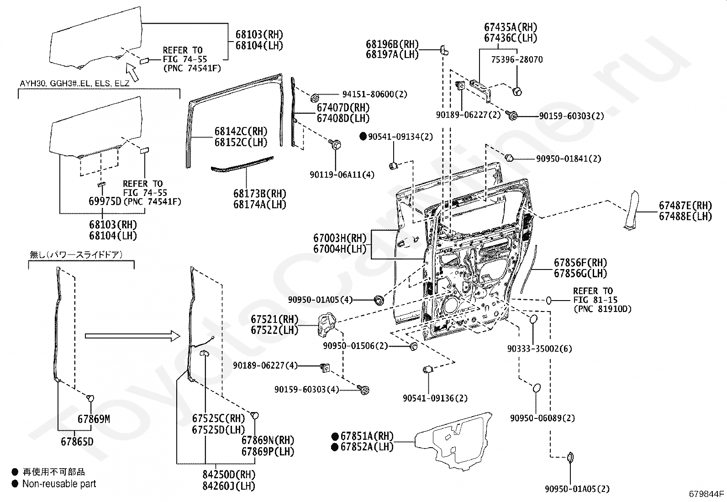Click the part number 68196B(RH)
point(392,44)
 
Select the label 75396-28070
point(517,59)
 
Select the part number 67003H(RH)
point(339,238)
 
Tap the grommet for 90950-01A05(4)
point(379,301)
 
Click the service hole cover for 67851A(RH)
point(457,441)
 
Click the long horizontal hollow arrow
point(134,336)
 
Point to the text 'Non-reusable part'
point(59,484)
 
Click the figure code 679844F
point(706,493)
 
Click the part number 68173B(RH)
point(259,193)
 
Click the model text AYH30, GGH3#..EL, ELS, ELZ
point(74,84)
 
